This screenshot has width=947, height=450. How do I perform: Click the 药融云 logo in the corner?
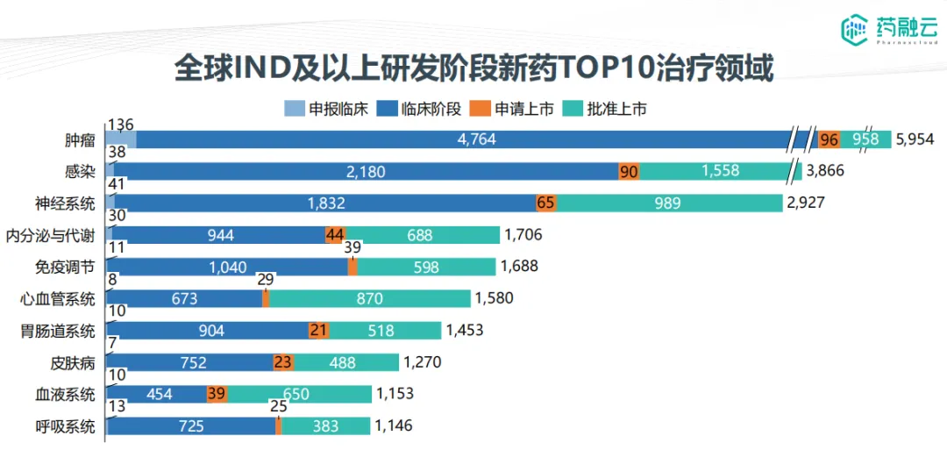887,31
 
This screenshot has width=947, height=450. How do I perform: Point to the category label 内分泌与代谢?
50,235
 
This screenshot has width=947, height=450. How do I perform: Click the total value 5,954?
915,139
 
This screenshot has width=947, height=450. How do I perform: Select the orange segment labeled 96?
829,139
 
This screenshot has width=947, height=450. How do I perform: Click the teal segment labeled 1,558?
719,171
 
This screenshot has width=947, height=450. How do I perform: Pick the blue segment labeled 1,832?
325,204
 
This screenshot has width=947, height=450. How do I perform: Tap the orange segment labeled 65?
546,204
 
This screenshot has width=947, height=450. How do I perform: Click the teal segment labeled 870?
369,299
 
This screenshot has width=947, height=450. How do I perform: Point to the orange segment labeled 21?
318,331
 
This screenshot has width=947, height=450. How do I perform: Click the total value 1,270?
423,362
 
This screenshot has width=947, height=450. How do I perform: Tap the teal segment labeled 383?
325,426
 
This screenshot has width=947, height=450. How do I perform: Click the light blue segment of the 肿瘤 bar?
121,139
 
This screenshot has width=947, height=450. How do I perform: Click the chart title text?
473,68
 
